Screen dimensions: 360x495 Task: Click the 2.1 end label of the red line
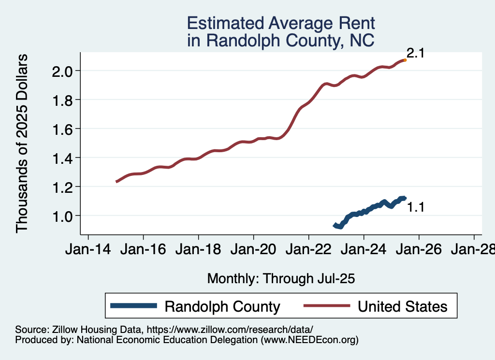coord(415,53)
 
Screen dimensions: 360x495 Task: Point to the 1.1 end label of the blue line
coord(415,208)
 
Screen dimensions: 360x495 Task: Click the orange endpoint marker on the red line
coord(405,60)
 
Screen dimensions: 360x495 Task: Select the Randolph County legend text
coord(222,306)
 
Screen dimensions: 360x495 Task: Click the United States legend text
coord(402,306)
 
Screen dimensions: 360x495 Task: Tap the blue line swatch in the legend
coord(134,305)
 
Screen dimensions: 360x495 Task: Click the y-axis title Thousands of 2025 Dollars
coord(22,144)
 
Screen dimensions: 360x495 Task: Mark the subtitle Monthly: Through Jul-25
coord(281,278)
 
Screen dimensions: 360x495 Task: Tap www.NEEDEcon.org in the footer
coord(309,340)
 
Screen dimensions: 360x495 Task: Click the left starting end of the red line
coord(116,181)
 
